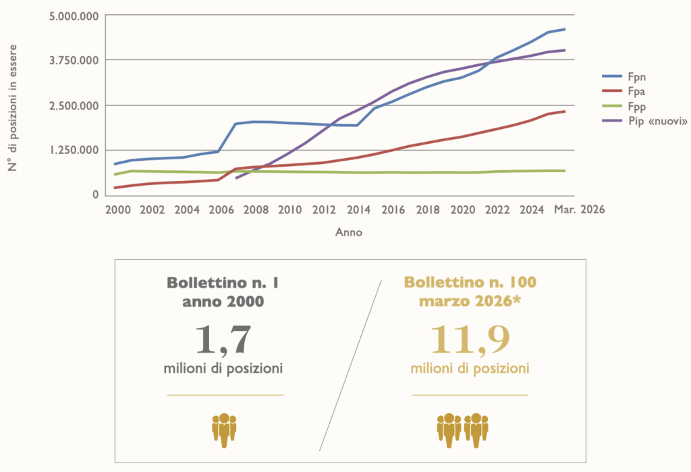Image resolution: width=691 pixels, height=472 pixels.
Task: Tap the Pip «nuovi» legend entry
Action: pyautogui.click(x=644, y=121)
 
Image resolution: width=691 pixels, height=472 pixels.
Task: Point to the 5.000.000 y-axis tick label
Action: pyautogui.click(x=74, y=17)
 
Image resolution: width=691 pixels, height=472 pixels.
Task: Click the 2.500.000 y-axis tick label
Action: pyautogui.click(x=74, y=106)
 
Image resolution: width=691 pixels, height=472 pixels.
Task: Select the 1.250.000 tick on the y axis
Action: pyautogui.click(x=74, y=151)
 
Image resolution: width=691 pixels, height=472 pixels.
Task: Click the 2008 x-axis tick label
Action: pyautogui.click(x=256, y=210)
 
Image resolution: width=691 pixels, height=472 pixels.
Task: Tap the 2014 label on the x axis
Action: pyautogui.click(x=359, y=210)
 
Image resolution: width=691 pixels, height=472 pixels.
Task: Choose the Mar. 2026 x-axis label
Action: pyautogui.click(x=579, y=209)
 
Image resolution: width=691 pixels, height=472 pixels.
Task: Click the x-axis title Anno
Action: pyautogui.click(x=349, y=232)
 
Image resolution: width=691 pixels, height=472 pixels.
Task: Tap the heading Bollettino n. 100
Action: pyautogui.click(x=470, y=282)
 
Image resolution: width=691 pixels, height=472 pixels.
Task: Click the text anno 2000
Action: pyautogui.click(x=223, y=302)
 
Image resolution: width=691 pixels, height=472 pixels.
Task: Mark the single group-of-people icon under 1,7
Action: pyautogui.click(x=224, y=430)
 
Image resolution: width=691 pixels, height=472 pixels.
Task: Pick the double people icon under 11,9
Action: pyautogui.click(x=462, y=430)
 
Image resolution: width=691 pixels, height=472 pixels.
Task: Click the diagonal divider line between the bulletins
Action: pyautogui.click(x=350, y=365)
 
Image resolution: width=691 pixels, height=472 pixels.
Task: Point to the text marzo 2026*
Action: pyautogui.click(x=470, y=302)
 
